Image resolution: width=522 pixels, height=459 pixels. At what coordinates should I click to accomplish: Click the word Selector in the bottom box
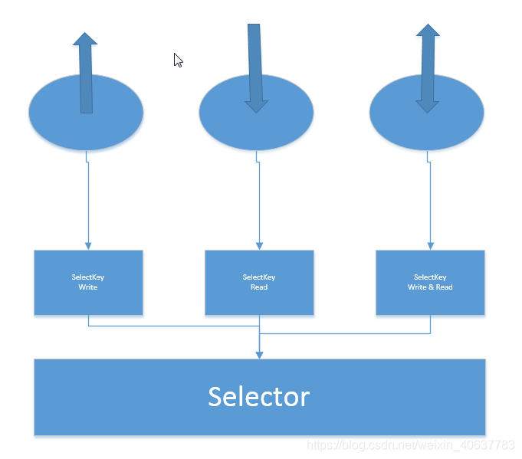(259, 396)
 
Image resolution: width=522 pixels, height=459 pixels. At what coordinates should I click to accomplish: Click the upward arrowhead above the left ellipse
(85, 38)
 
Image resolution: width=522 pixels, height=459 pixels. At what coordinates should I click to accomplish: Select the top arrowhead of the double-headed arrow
(428, 31)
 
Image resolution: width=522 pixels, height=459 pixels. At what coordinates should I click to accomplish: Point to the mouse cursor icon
(178, 60)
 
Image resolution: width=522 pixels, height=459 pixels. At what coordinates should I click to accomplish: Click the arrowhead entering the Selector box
(259, 354)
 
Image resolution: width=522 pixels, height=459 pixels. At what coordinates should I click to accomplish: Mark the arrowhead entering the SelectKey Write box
(88, 245)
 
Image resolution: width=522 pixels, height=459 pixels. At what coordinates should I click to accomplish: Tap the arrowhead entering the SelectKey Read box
(259, 245)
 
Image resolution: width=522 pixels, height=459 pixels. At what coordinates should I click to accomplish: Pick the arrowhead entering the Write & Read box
(430, 245)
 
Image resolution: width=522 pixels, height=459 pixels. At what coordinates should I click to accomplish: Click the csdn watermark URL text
(410, 444)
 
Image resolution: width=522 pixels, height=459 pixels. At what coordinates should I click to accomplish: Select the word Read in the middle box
(259, 287)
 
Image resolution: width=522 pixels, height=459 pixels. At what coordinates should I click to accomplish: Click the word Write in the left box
(88, 287)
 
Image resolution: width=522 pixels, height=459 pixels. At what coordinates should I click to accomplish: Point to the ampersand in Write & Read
(430, 287)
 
